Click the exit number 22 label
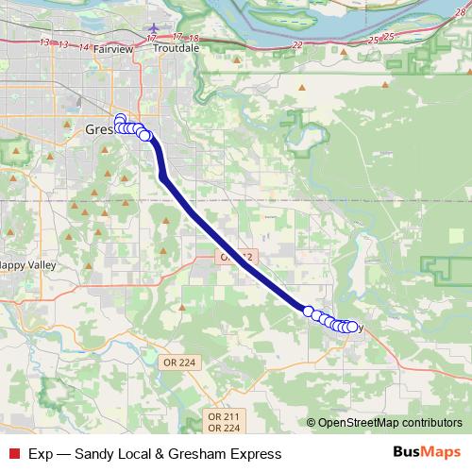(x=298, y=45)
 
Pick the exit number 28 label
(x=459, y=10)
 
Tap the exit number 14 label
(x=85, y=46)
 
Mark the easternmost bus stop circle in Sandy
(x=354, y=327)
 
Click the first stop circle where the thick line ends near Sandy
(x=308, y=311)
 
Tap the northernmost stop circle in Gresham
(x=120, y=118)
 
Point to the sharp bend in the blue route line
(x=163, y=176)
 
